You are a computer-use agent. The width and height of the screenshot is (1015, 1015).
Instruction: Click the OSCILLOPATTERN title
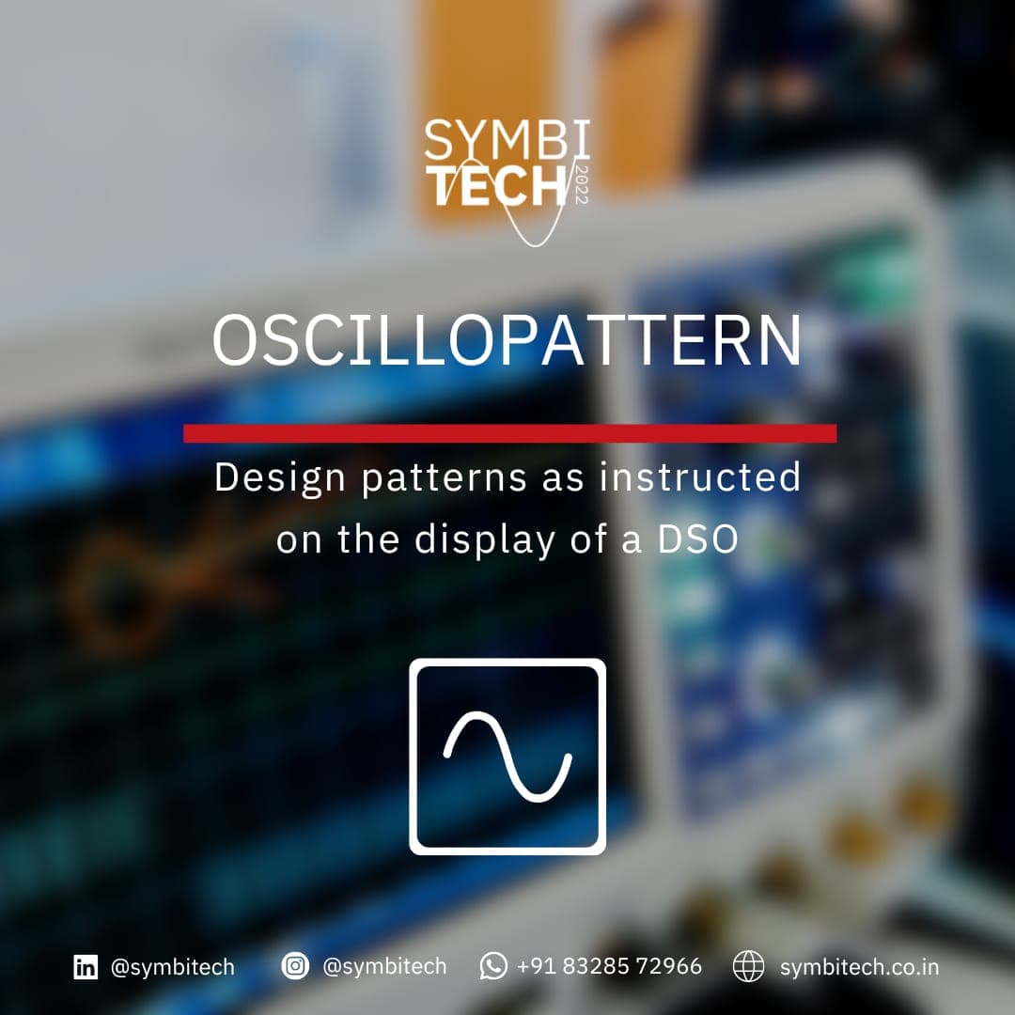coord(507,340)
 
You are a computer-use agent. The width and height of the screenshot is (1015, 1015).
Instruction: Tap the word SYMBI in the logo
coord(507,140)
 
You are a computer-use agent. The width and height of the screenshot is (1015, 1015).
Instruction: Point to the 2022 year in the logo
coord(581,185)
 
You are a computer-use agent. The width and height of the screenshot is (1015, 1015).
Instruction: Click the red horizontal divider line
coord(509,433)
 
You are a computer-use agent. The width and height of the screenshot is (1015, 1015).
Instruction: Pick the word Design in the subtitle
coord(280,478)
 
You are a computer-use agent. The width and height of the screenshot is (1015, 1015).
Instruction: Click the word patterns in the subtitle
coord(444,479)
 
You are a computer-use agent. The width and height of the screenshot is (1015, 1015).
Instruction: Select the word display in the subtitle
coord(485,540)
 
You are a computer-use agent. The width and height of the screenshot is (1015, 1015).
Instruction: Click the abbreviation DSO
coord(697,539)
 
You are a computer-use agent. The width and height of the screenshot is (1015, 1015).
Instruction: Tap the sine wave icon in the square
coord(507,756)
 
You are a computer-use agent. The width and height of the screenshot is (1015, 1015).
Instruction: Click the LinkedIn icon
coord(86,966)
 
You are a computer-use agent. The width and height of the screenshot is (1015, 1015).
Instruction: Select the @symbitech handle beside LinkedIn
coord(172,967)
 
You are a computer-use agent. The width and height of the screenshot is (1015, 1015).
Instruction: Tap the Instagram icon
coord(295,966)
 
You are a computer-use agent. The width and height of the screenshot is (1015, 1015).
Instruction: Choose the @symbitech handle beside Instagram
coord(384,966)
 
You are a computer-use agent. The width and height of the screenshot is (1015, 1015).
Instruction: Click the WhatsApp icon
coord(493,966)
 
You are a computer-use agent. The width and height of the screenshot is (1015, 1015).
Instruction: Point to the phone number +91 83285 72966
coord(609,966)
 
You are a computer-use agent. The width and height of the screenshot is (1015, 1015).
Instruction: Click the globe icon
coord(748,966)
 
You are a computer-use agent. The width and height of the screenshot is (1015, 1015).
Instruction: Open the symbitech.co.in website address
coord(859,967)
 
